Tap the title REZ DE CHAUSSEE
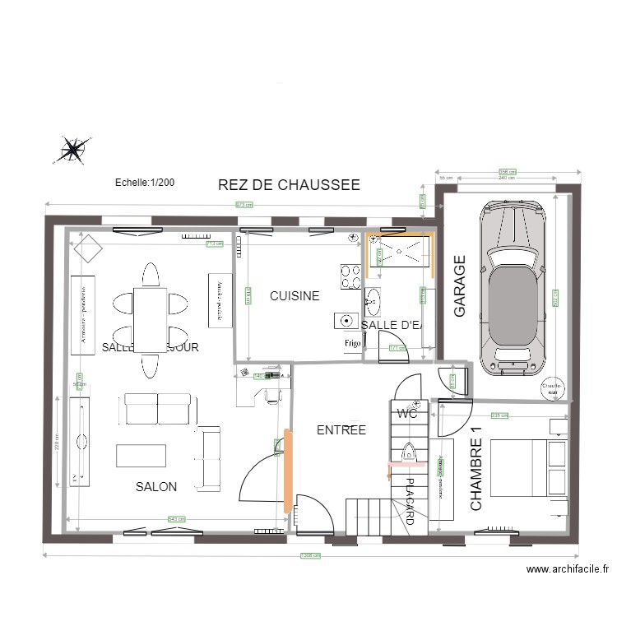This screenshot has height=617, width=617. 289,185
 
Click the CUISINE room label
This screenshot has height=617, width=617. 295,296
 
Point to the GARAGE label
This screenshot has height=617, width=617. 460,285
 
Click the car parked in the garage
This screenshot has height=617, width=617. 515,287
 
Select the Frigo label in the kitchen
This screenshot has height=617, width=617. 353,343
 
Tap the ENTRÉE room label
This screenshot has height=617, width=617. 341,429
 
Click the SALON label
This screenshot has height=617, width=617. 156,486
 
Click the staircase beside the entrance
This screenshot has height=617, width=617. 371,517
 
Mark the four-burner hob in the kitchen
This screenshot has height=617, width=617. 351,276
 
